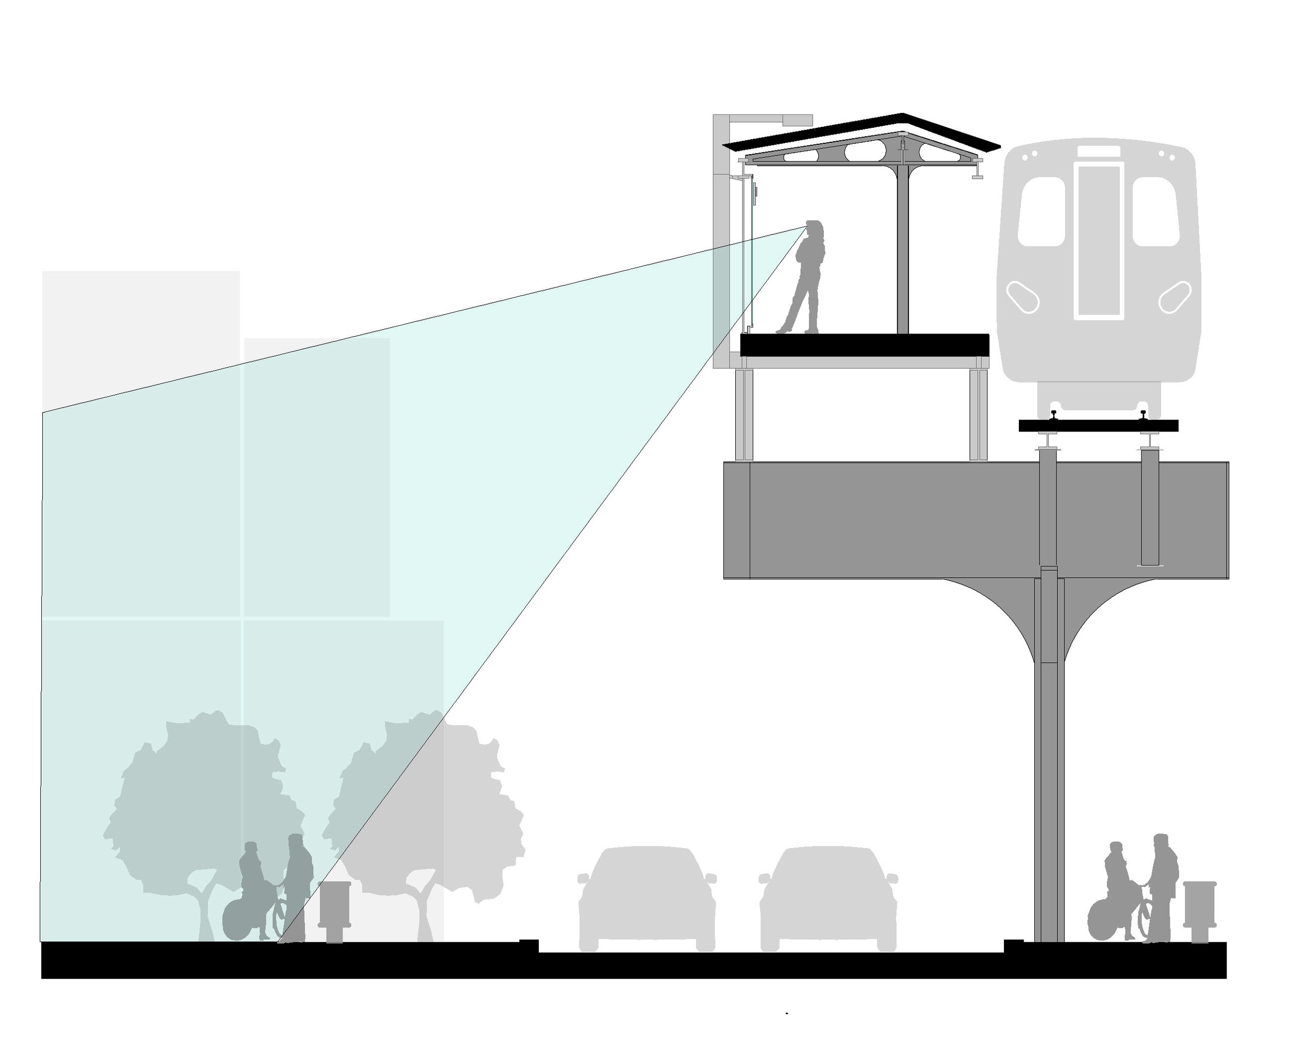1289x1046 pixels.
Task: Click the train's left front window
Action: [1042, 211]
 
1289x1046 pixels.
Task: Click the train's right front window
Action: [1154, 211]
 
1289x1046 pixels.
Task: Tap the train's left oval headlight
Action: [1022, 297]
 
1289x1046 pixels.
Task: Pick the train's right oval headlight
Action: [1175, 297]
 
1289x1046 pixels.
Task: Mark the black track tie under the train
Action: [1098, 426]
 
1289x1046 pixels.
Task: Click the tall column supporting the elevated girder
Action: [1049, 783]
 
